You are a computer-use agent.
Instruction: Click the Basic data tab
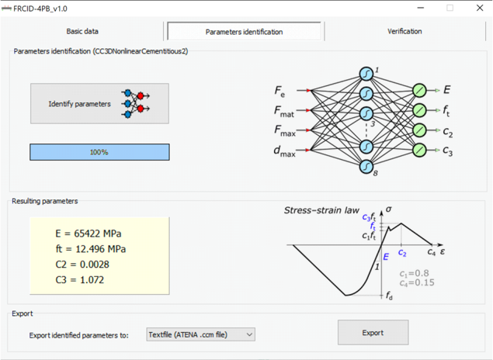82,31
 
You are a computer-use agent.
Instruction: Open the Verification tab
404,31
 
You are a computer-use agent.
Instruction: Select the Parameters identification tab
244,31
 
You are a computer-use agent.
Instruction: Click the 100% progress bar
99,152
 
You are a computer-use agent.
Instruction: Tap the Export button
373,332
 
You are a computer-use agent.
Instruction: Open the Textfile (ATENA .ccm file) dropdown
200,334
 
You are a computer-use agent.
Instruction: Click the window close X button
480,8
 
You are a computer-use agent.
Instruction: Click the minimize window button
421,8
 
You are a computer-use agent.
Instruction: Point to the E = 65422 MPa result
88,234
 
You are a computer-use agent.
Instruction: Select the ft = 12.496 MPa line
91,249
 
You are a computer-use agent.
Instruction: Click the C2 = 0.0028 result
82,265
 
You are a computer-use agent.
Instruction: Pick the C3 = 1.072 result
79,279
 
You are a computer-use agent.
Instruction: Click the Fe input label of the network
279,91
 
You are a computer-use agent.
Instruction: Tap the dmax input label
285,151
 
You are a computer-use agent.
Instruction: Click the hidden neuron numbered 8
366,167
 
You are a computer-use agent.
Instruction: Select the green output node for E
419,91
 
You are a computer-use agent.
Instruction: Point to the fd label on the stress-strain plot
389,296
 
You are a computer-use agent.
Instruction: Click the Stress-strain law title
321,210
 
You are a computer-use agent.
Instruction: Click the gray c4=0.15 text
417,282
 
